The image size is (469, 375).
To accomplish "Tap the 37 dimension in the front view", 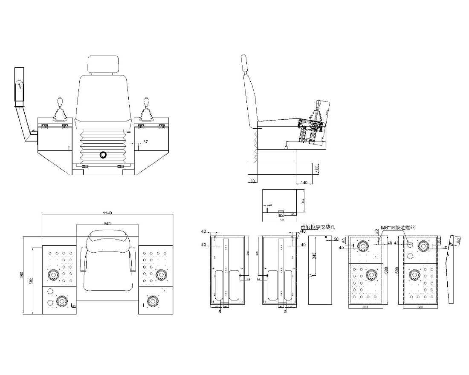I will pos(145,141).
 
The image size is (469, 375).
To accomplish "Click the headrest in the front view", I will pos(102,64).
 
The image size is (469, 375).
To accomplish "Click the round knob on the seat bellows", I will pos(102,154).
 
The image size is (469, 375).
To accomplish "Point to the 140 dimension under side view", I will pos(304,182).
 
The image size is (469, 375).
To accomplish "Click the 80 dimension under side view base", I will pos(252,182).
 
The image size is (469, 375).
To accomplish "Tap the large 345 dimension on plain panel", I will pos(314,255).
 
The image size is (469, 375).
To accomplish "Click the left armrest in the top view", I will pos(82,260).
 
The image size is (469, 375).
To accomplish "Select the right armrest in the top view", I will pos(132,260).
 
